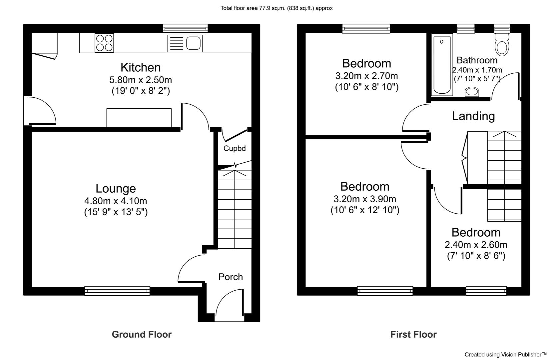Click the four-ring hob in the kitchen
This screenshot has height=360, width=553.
click(x=104, y=43)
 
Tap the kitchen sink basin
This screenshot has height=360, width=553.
click(x=193, y=43)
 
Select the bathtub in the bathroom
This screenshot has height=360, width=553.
click(x=442, y=65)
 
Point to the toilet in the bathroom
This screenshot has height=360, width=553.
click(x=502, y=44)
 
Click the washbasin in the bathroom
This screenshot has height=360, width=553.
click(x=472, y=92)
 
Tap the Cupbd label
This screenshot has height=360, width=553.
click(x=235, y=148)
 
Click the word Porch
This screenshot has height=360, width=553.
click(x=231, y=277)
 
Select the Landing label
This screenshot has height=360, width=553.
click(x=473, y=116)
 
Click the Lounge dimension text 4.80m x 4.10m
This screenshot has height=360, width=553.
click(x=116, y=201)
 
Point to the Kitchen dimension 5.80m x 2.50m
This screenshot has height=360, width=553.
click(x=141, y=80)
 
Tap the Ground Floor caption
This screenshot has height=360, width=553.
click(x=142, y=334)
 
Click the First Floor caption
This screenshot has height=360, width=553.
click(x=413, y=334)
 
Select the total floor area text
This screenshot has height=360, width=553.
click(x=276, y=8)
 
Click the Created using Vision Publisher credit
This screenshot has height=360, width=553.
click(x=506, y=355)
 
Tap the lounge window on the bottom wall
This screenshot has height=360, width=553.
click(x=117, y=291)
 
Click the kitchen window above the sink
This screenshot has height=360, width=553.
click(x=185, y=28)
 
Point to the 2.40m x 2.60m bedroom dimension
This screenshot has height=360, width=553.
click(x=476, y=245)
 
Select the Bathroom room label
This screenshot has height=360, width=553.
click(x=477, y=60)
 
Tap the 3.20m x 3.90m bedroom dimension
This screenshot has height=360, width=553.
click(x=365, y=199)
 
